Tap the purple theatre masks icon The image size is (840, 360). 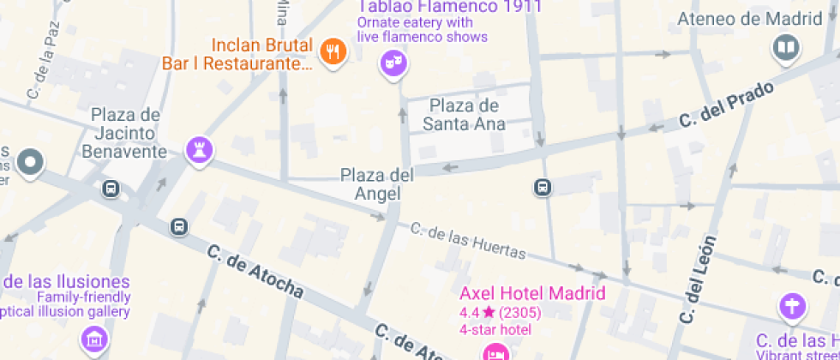393,63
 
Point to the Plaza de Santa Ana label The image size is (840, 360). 464,115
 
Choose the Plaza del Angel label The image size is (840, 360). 377,184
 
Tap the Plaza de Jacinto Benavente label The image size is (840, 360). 125,133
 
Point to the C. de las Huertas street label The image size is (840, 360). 467,240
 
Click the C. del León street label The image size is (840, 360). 696,279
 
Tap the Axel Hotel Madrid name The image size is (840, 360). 532,294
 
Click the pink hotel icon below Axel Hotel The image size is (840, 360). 495,352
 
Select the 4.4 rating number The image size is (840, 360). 468,313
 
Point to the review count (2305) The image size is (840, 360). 520,313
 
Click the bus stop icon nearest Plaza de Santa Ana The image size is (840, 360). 542,186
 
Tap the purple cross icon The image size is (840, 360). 793,306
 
